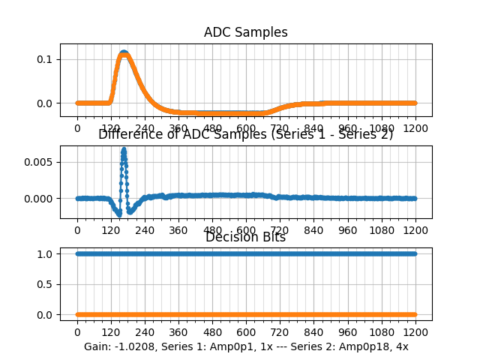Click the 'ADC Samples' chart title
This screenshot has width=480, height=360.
(245, 33)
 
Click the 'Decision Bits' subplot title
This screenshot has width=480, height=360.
(245, 238)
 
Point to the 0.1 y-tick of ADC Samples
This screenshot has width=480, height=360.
(45, 59)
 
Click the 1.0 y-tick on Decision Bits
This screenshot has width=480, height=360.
(45, 254)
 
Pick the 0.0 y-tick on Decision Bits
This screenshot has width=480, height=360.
(45, 315)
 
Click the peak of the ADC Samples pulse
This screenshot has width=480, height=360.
(124, 53)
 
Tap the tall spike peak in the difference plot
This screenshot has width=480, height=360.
(124, 149)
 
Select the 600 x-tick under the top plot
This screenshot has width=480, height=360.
(246, 128)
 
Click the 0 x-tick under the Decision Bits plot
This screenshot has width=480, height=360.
(77, 332)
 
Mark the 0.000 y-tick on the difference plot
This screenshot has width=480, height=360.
(39, 199)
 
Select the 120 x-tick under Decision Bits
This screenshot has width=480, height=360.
(111, 332)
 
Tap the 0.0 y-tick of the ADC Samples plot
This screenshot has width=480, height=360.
(45, 103)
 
